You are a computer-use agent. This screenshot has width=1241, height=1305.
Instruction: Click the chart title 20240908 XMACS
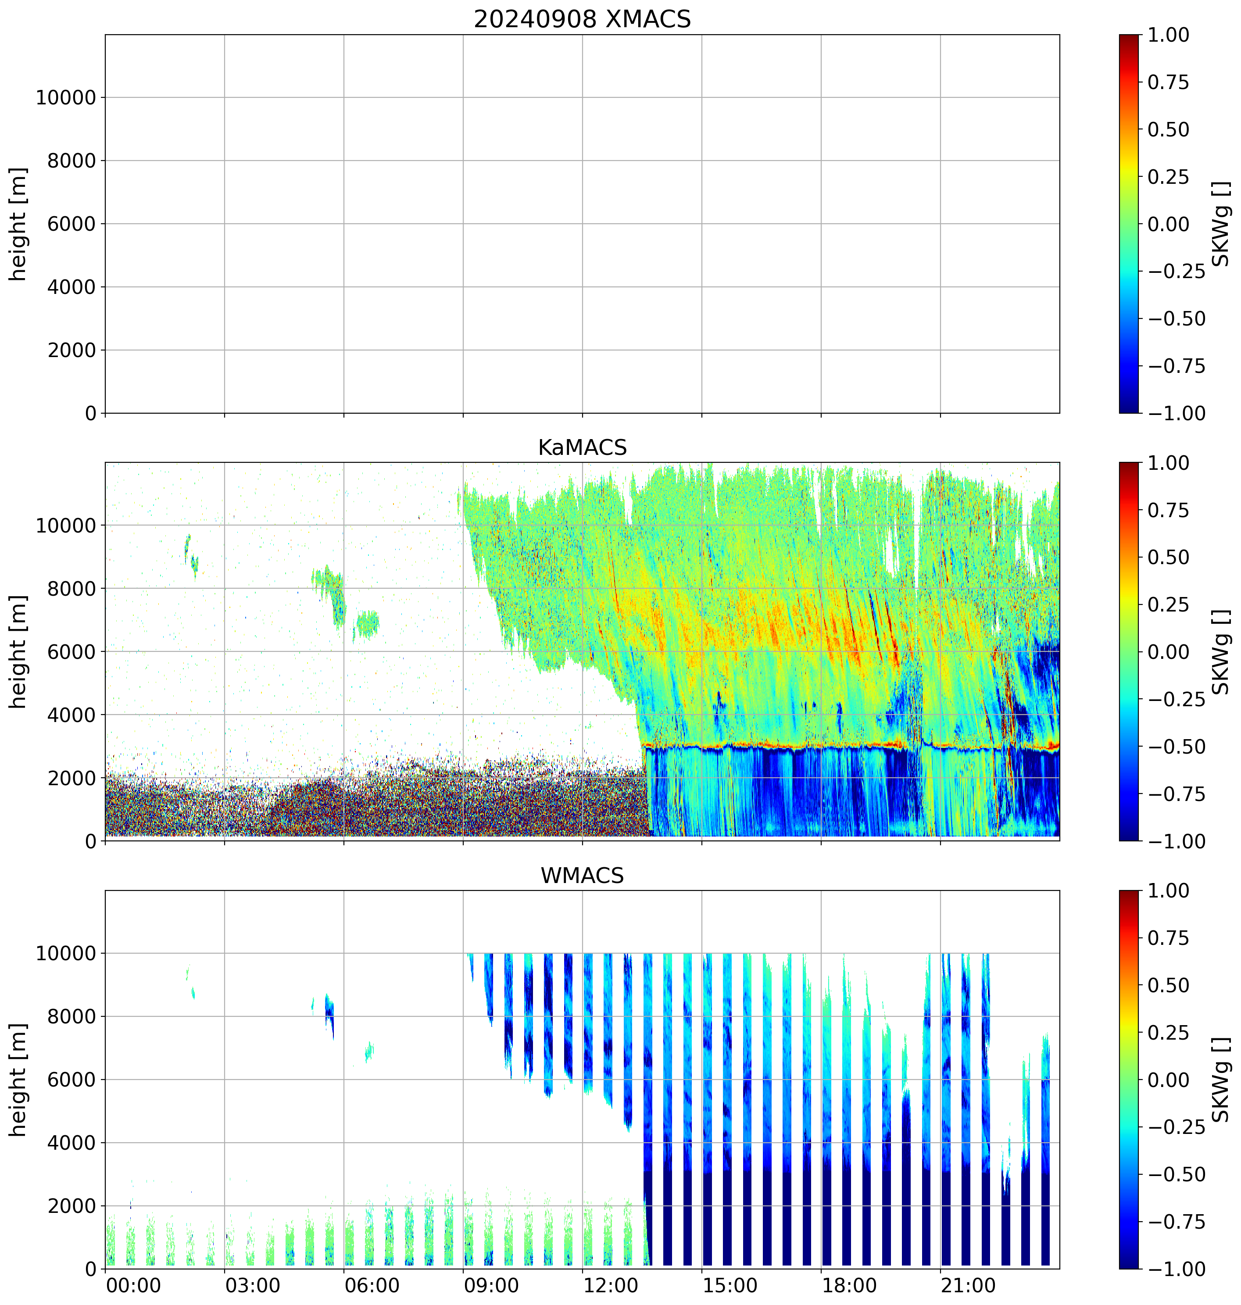pyautogui.click(x=582, y=19)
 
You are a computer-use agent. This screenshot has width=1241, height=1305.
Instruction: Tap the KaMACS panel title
pyautogui.click(x=582, y=448)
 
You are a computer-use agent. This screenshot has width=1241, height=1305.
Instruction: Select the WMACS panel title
pyautogui.click(x=582, y=876)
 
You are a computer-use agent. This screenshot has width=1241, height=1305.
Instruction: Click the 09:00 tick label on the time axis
pyautogui.click(x=491, y=1287)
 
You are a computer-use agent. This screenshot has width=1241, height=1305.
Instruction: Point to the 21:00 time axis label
pyautogui.click(x=969, y=1287)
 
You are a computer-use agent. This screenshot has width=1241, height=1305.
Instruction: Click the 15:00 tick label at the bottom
pyautogui.click(x=730, y=1287)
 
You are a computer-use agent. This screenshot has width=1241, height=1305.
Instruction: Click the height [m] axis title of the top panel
pyautogui.click(x=18, y=224)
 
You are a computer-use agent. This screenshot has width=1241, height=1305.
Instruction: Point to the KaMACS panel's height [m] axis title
pyautogui.click(x=18, y=652)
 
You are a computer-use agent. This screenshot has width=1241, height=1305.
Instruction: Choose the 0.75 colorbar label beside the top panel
pyautogui.click(x=1168, y=82)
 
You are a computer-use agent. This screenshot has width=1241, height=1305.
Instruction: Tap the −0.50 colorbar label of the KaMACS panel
pyautogui.click(x=1176, y=747)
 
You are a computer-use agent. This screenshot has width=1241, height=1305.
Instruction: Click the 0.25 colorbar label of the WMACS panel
pyautogui.click(x=1168, y=1033)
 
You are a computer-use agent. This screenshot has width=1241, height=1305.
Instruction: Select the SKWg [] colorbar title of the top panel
pyautogui.click(x=1221, y=224)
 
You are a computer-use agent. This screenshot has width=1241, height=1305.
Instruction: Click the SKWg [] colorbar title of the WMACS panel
pyautogui.click(x=1221, y=1080)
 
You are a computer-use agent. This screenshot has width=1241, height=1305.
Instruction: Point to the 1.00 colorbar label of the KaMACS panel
pyautogui.click(x=1168, y=463)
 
